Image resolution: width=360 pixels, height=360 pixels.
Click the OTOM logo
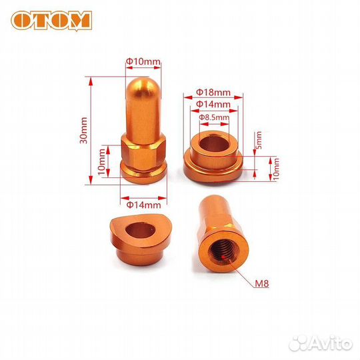click(x=51, y=21)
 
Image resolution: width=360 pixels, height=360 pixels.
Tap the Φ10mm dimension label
click(x=143, y=61)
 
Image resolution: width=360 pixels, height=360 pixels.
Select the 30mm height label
click(x=83, y=131)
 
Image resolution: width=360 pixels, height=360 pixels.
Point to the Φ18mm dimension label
click(x=213, y=93)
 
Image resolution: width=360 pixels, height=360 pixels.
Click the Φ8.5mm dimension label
click(x=214, y=117)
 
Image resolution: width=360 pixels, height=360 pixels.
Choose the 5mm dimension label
click(x=259, y=140)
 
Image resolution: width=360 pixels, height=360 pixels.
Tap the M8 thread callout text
click(x=262, y=284)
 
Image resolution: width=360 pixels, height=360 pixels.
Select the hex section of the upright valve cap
click(x=143, y=153)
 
